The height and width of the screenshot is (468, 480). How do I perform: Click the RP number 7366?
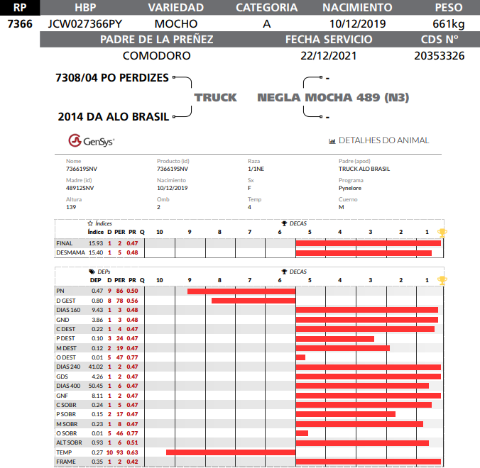(19, 23)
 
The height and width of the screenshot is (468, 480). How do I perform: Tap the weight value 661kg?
(448, 23)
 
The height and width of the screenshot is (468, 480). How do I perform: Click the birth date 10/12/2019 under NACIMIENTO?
(357, 23)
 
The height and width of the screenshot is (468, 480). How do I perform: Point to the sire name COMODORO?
(156, 55)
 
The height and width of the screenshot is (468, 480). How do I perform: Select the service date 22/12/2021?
(327, 55)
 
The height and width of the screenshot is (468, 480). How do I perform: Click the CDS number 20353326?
(439, 55)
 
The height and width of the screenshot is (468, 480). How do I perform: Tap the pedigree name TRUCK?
(216, 97)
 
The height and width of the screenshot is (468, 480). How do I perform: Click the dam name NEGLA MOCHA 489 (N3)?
(333, 97)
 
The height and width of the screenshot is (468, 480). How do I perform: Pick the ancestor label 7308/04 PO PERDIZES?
(112, 77)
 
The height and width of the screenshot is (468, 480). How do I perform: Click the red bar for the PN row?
(241, 291)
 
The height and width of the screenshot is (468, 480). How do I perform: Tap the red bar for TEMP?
(231, 452)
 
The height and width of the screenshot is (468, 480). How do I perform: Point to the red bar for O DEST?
(300, 357)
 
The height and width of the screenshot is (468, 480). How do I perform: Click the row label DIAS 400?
(68, 386)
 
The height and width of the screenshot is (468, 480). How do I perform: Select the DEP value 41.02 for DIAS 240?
(95, 367)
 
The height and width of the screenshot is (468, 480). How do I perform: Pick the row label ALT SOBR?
(69, 442)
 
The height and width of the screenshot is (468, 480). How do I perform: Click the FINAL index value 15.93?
(95, 243)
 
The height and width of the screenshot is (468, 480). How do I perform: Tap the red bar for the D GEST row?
(253, 301)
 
